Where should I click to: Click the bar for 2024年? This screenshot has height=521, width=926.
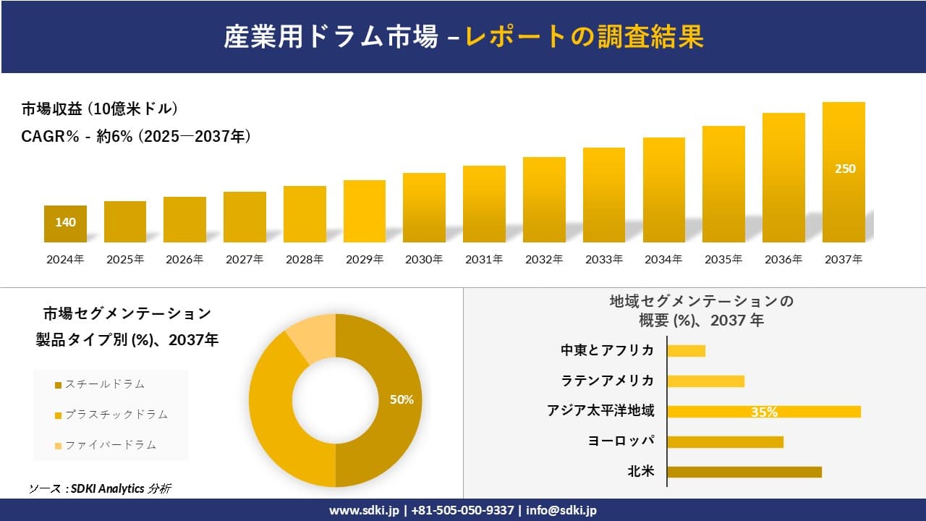(x=65, y=224)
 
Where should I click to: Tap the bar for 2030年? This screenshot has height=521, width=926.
(x=424, y=208)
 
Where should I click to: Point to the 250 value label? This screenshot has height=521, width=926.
(x=844, y=169)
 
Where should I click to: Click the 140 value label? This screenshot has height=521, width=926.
(x=65, y=222)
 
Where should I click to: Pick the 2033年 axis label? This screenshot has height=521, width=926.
(x=603, y=259)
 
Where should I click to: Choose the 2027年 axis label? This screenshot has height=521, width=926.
(x=245, y=259)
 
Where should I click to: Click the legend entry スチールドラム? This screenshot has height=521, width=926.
(x=104, y=384)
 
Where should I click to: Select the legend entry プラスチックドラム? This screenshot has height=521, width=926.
(x=116, y=414)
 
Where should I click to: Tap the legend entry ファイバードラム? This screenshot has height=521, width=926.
(x=110, y=444)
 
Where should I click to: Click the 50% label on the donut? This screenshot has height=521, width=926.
(x=402, y=399)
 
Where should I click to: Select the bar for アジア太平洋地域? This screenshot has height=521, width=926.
(x=763, y=412)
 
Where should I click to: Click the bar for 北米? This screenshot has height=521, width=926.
(x=744, y=472)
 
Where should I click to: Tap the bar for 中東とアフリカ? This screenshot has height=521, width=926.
(x=686, y=351)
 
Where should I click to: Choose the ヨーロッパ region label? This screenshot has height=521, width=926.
(x=621, y=441)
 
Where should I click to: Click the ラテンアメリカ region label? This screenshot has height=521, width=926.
(x=608, y=381)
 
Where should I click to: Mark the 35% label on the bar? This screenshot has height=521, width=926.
(x=764, y=412)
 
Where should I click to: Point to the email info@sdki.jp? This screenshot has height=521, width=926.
(x=561, y=510)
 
